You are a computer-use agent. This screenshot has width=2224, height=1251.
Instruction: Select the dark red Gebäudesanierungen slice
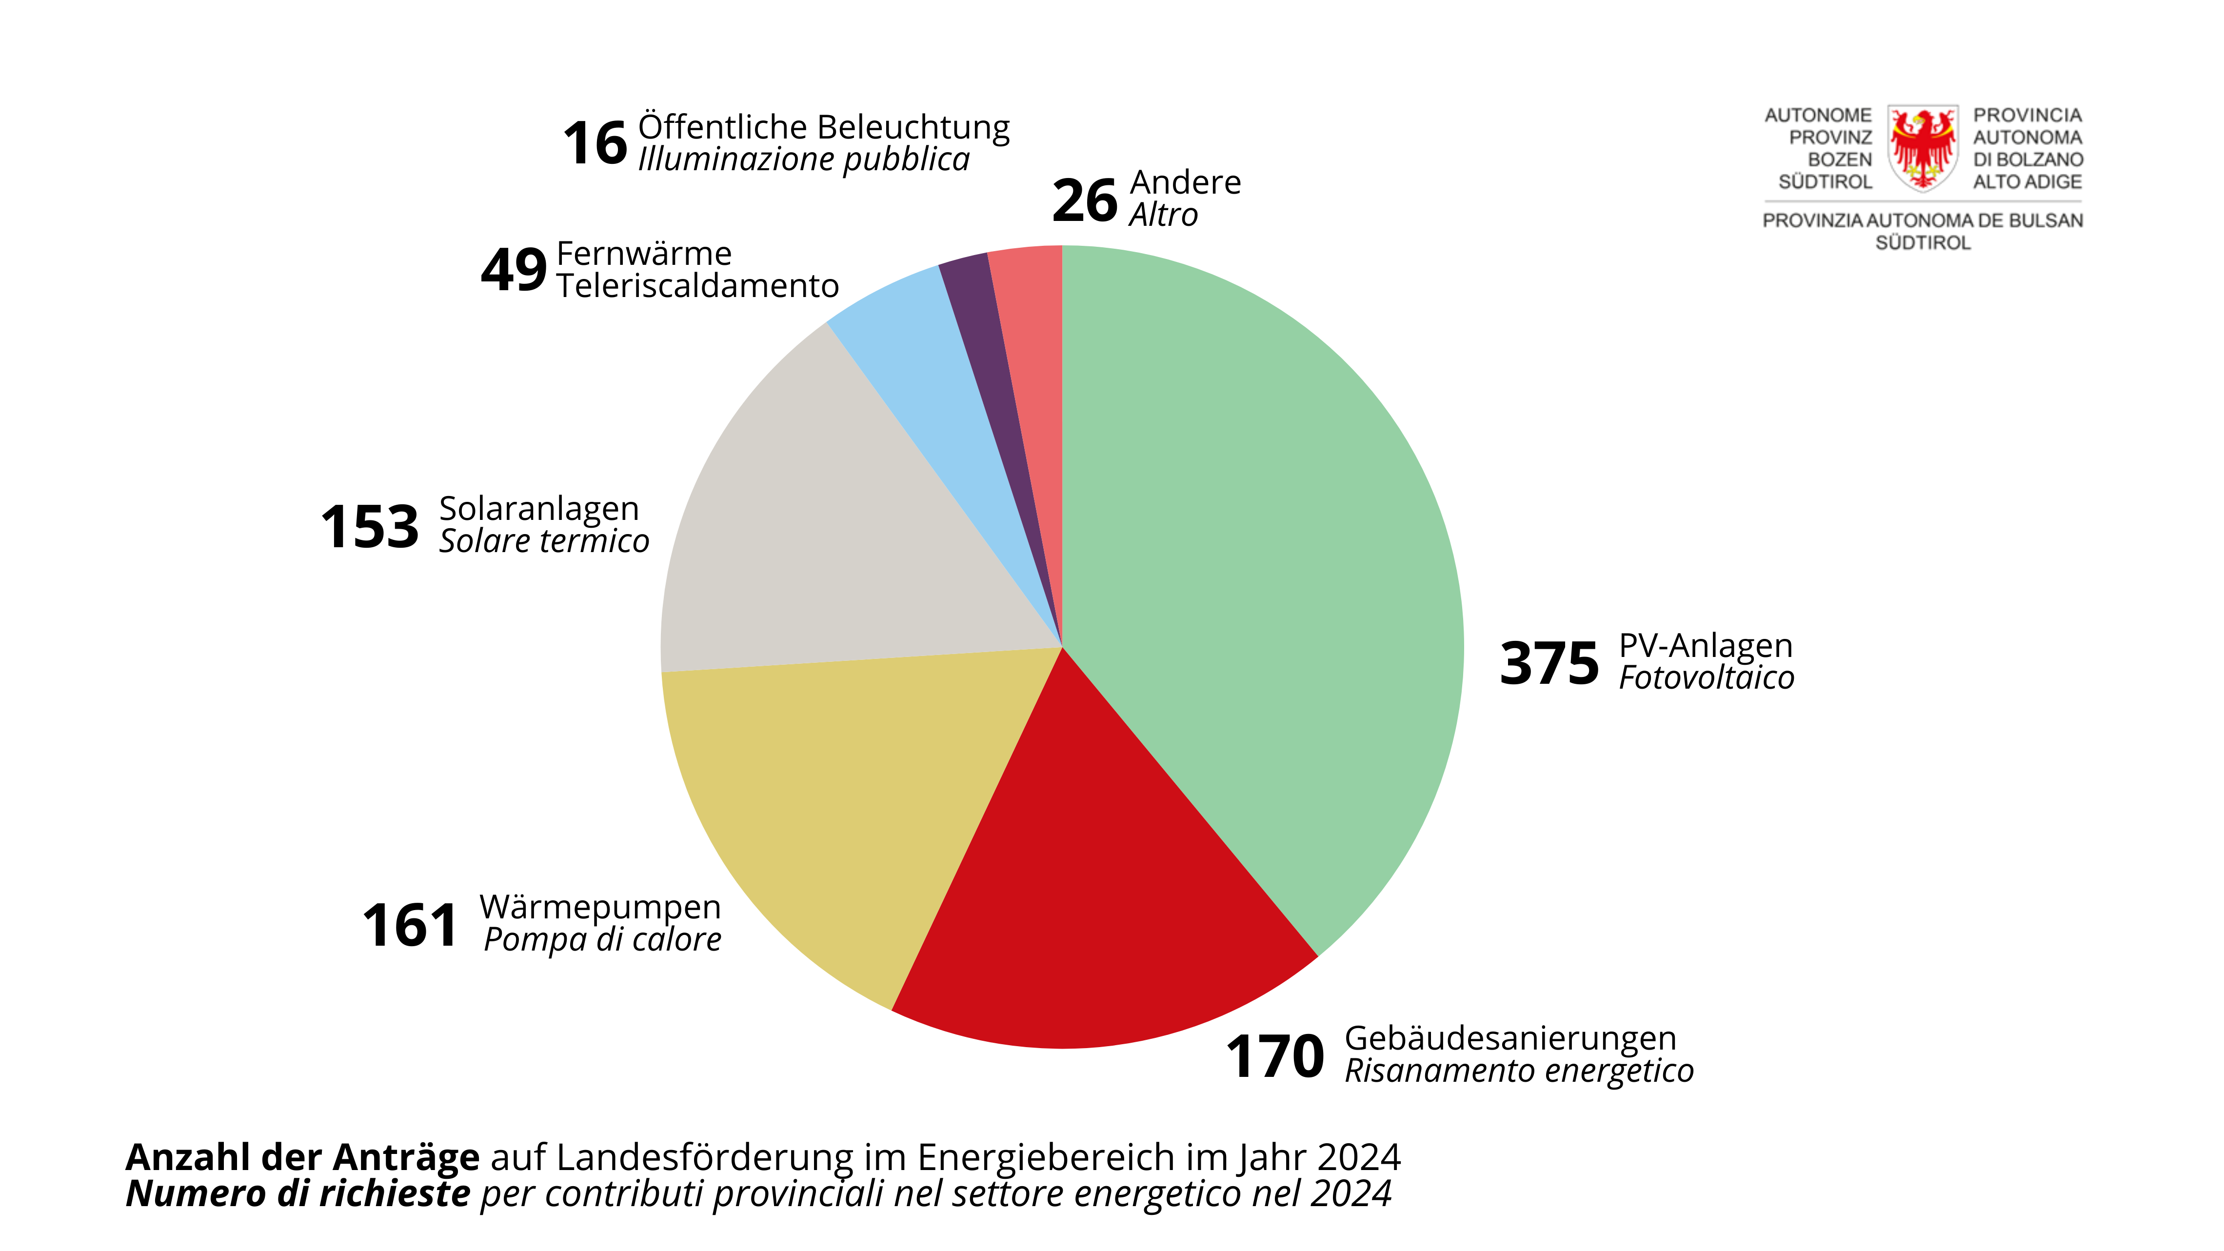pyautogui.click(x=1096, y=898)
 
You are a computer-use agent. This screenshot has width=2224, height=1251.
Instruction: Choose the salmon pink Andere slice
pyautogui.click(x=1032, y=319)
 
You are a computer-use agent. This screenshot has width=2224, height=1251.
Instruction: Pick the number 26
pyautogui.click(x=1084, y=200)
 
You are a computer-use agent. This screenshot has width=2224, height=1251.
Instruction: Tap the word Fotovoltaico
pyautogui.click(x=1706, y=678)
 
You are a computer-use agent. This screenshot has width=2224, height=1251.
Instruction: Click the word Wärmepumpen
pyautogui.click(x=600, y=907)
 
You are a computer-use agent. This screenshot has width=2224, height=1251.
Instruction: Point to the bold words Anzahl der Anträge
pyautogui.click(x=302, y=1157)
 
